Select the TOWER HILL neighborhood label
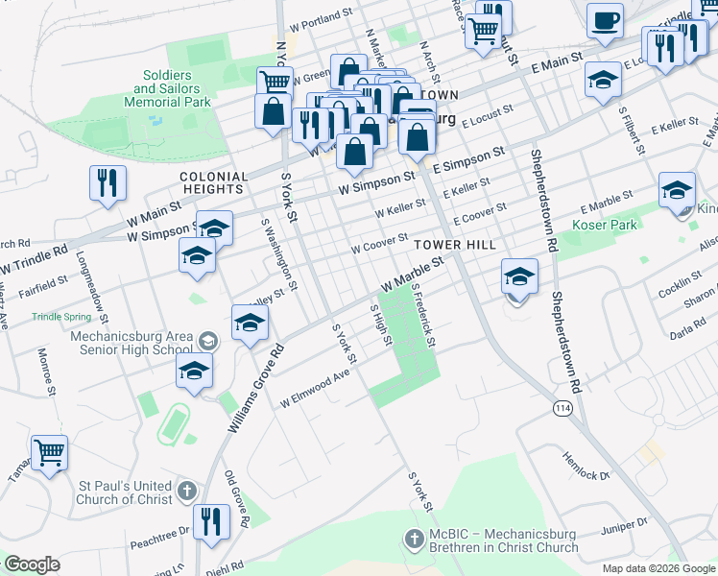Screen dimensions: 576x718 455,245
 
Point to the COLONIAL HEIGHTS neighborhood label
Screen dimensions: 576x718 214,183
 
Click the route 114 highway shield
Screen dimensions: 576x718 562,408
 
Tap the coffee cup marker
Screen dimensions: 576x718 605,22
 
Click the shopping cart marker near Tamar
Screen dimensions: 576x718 49,452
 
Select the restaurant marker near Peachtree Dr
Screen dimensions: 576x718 210,522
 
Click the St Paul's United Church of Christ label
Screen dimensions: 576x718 125,492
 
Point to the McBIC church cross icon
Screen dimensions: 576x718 415,540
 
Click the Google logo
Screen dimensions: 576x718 32,564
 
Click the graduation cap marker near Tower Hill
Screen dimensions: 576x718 519,279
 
